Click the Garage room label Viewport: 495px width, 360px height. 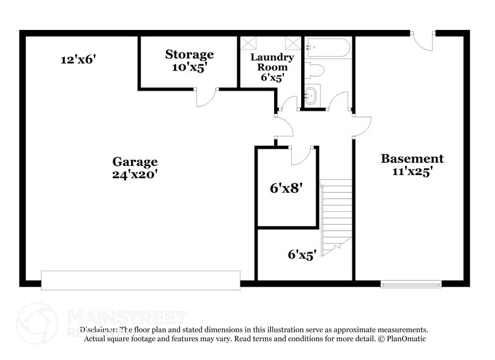[135, 162]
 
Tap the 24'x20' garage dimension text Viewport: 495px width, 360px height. [135, 174]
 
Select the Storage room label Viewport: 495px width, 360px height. [189, 54]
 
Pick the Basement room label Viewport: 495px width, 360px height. [412, 159]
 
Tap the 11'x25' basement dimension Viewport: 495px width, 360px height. [412, 172]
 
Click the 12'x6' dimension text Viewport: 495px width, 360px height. [79, 59]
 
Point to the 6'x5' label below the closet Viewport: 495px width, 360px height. [302, 254]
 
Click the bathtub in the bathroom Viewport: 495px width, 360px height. [327, 48]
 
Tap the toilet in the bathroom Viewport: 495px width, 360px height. [314, 70]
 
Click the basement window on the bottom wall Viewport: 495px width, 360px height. [411, 283]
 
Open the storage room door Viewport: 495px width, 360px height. [207, 98]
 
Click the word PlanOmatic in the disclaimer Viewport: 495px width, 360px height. [404, 338]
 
